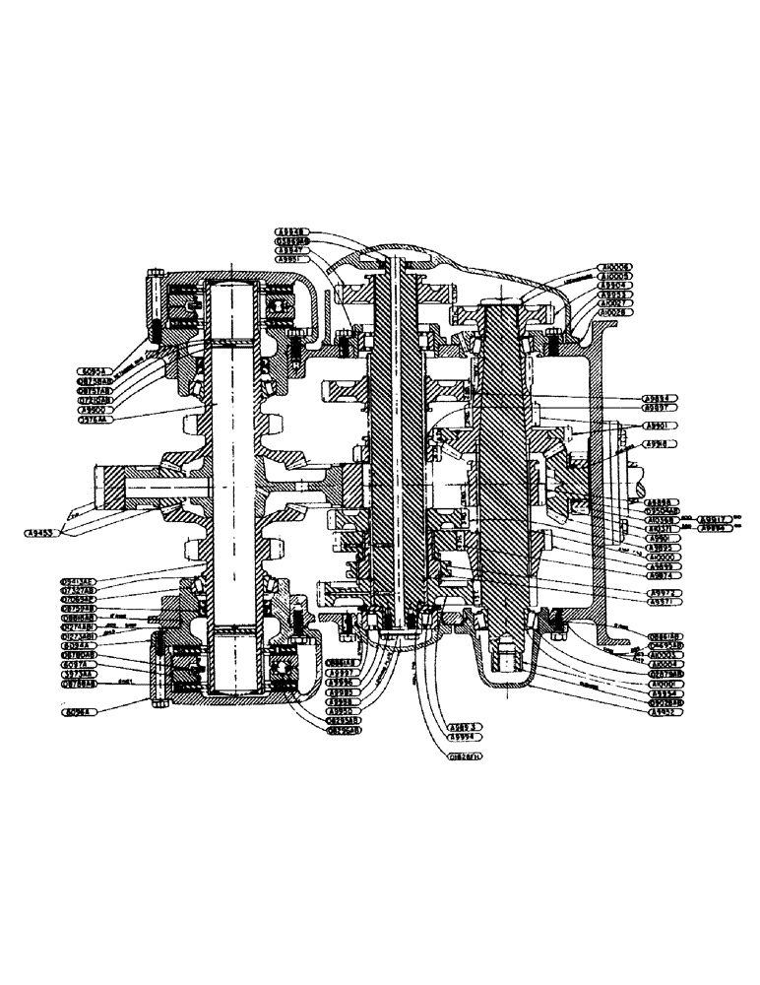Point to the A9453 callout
43,533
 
